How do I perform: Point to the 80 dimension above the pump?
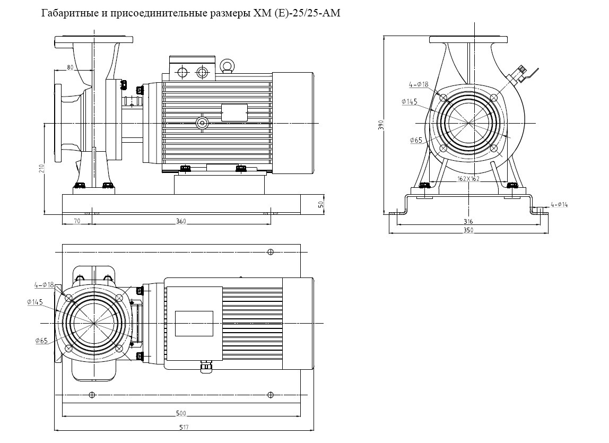71,67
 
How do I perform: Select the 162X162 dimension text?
468,179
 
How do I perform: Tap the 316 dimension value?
468,221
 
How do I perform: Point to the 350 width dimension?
468,230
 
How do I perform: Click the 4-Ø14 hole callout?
559,204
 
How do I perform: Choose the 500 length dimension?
181,413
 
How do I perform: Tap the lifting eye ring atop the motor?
228,65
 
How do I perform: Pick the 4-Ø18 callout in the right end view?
419,84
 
